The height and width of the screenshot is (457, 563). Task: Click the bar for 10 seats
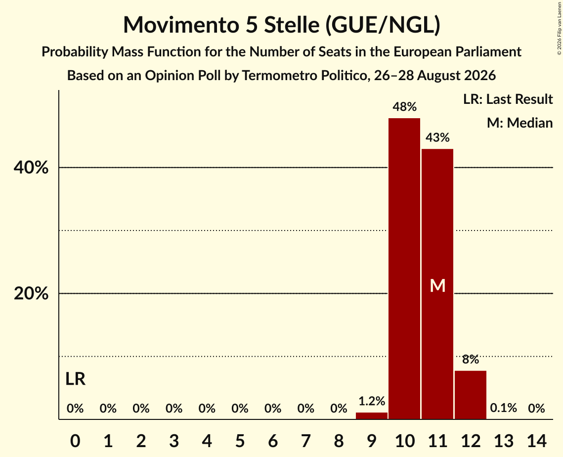click(x=404, y=269)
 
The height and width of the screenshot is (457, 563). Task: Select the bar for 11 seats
click(x=437, y=284)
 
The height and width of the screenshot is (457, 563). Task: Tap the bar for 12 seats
click(x=471, y=395)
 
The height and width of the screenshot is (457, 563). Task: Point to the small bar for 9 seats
click(x=372, y=415)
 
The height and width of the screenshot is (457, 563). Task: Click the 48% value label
click(x=404, y=107)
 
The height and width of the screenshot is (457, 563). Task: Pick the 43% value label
click(x=437, y=137)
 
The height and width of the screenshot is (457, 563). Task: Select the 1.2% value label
click(x=372, y=401)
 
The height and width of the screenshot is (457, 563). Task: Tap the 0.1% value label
click(x=503, y=408)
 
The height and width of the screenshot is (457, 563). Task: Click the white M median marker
click(x=437, y=286)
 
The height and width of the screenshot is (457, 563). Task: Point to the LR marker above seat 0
click(x=76, y=379)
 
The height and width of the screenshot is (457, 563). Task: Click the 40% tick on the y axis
click(x=31, y=168)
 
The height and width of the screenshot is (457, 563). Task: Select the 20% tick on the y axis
click(x=31, y=293)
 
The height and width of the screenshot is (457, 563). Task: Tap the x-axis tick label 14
click(x=536, y=441)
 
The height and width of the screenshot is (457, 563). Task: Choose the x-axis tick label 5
click(x=240, y=441)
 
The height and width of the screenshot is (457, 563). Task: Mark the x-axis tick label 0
click(x=75, y=441)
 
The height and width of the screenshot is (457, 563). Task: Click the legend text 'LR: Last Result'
click(x=508, y=99)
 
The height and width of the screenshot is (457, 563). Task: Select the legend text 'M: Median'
click(x=520, y=123)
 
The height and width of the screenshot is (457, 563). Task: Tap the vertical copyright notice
click(x=559, y=28)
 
